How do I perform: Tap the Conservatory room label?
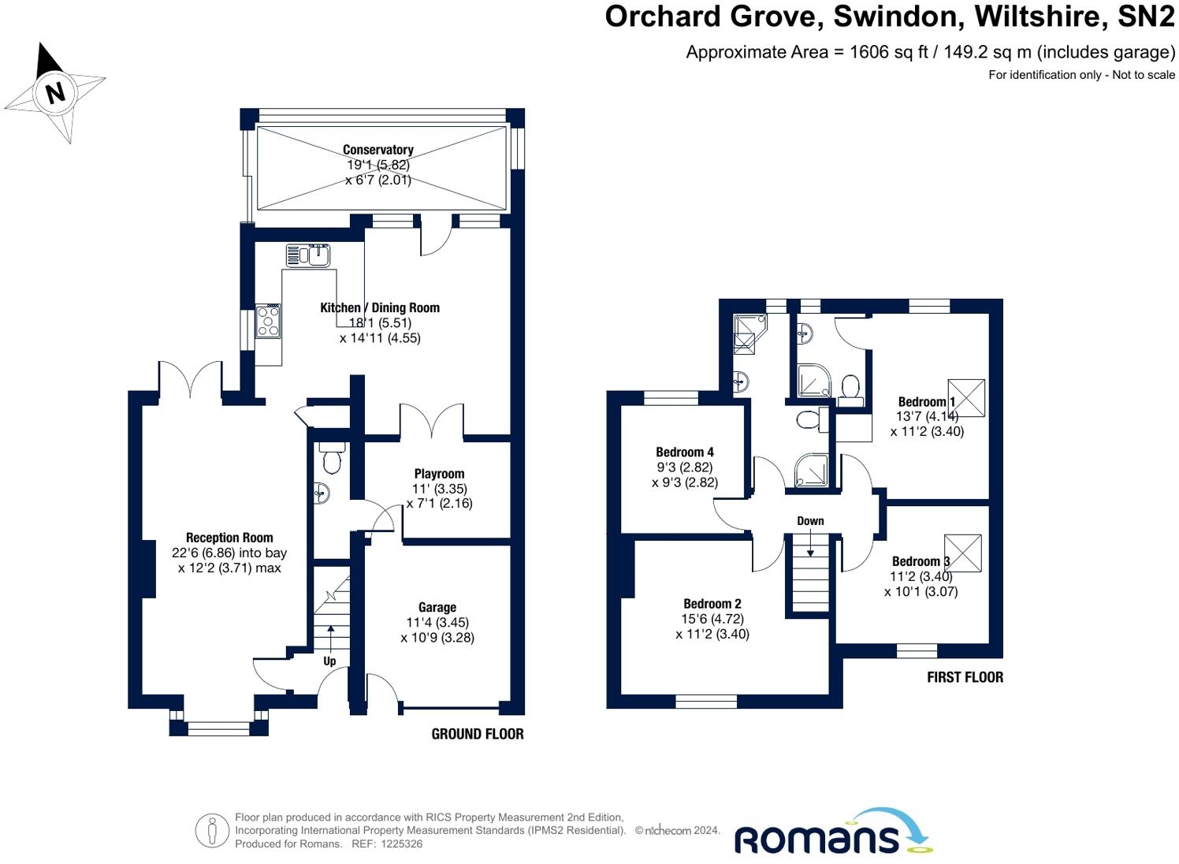click(378, 150)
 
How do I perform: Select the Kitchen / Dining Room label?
click(380, 307)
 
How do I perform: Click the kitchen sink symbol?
click(309, 255)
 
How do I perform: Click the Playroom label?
click(439, 474)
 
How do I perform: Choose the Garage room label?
click(437, 607)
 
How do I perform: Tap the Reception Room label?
click(229, 538)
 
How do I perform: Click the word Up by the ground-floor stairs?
click(329, 661)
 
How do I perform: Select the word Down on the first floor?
click(810, 521)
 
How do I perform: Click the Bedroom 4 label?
click(685, 452)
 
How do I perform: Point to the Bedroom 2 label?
click(712, 604)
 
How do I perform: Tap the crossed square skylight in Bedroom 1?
click(966, 398)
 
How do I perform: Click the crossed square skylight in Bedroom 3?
click(962, 553)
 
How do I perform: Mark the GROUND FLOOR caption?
click(478, 734)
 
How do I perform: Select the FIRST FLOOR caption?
click(965, 677)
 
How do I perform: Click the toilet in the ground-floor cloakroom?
click(332, 459)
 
